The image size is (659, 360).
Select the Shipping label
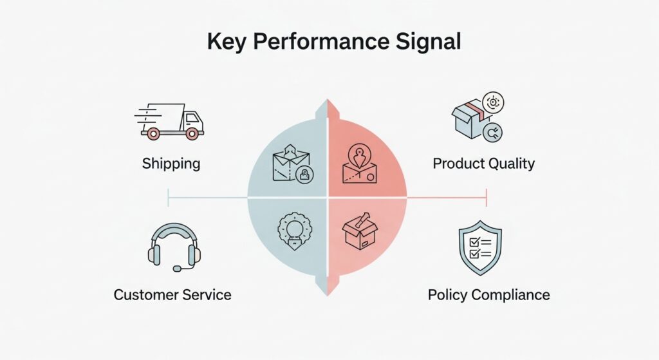[171, 164]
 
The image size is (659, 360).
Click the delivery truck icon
[171, 120]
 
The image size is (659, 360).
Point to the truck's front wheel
[191, 133]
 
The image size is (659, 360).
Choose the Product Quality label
[483, 164]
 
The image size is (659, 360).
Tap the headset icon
[174, 247]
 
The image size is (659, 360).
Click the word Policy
[447, 295]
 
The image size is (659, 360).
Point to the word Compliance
[510, 295]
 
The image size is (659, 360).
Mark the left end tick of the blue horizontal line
[168, 198]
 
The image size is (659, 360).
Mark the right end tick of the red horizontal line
[487, 198]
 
